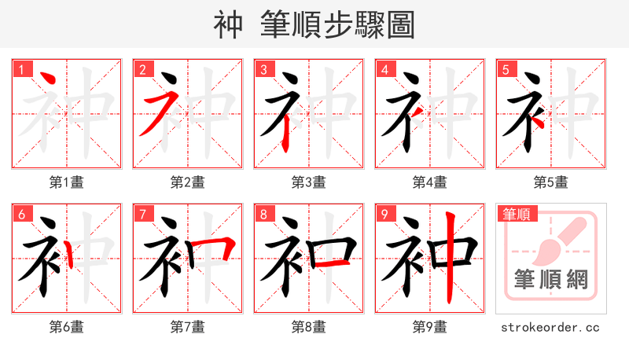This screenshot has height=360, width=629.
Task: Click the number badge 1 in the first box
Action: pyautogui.click(x=21, y=70)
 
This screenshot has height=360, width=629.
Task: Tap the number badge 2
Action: pyautogui.click(x=142, y=70)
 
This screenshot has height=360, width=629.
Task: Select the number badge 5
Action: pyautogui.click(x=506, y=70)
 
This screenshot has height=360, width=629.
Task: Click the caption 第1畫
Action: pyautogui.click(x=67, y=182)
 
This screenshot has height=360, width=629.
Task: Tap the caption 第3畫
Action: pyautogui.click(x=309, y=182)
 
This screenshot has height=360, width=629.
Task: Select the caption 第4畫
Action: pyautogui.click(x=430, y=182)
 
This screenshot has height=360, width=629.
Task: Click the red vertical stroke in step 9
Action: pyautogui.click(x=449, y=259)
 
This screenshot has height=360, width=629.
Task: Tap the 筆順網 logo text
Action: pyautogui.click(x=551, y=280)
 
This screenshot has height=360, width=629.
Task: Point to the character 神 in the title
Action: pyautogui.click(x=229, y=25)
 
